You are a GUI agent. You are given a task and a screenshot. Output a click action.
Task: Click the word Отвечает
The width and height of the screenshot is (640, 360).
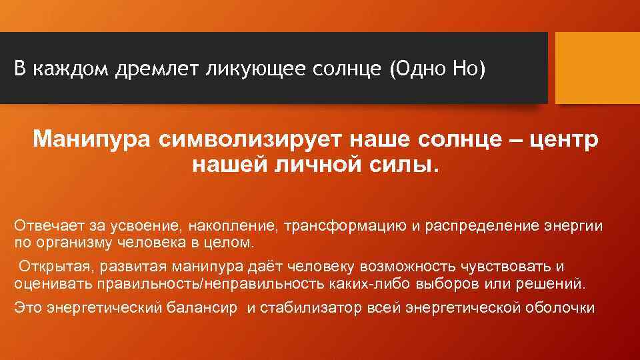(x=44, y=226)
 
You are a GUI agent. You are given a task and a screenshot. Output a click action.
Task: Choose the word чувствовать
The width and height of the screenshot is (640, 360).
(x=504, y=267)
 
